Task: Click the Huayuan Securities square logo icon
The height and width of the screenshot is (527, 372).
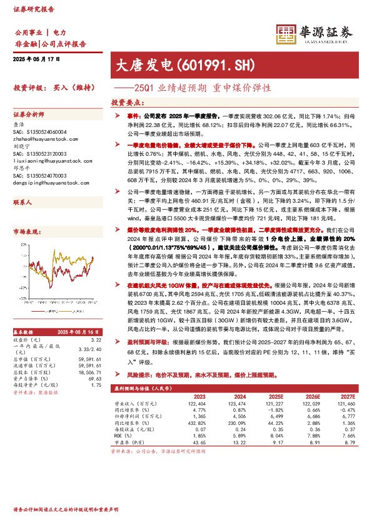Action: point(286,34)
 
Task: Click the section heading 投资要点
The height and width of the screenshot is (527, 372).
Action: point(124,103)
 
